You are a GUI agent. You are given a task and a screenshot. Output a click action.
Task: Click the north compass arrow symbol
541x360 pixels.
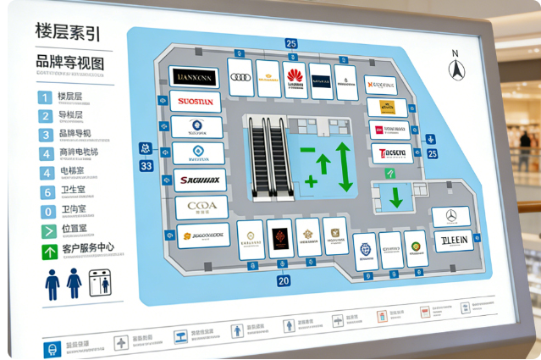[x=456, y=68]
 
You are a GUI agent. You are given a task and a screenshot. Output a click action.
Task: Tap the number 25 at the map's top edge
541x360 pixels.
[x=291, y=43]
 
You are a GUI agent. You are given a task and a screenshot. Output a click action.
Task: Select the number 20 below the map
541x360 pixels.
[x=284, y=280]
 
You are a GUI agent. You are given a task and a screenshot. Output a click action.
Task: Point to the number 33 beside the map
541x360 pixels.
[x=146, y=166]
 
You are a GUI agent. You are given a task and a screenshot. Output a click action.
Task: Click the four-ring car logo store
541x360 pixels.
[x=240, y=77]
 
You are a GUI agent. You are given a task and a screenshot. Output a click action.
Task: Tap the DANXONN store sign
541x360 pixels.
[x=193, y=77]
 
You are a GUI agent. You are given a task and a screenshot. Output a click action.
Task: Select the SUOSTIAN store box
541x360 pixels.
[x=196, y=102]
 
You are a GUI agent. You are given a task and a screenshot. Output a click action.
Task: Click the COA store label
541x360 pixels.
[x=201, y=207]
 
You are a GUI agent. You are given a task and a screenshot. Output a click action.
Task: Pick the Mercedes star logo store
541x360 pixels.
[x=450, y=216]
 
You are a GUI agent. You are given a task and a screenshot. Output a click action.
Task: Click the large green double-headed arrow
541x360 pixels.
[x=344, y=166]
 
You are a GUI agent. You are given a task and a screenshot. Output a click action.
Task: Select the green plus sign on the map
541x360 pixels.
[x=311, y=181]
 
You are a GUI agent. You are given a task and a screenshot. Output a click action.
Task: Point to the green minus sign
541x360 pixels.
[x=307, y=151]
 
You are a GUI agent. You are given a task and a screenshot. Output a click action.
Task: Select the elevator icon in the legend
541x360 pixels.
[x=100, y=283]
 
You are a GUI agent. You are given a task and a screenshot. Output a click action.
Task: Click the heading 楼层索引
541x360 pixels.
[x=68, y=33]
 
